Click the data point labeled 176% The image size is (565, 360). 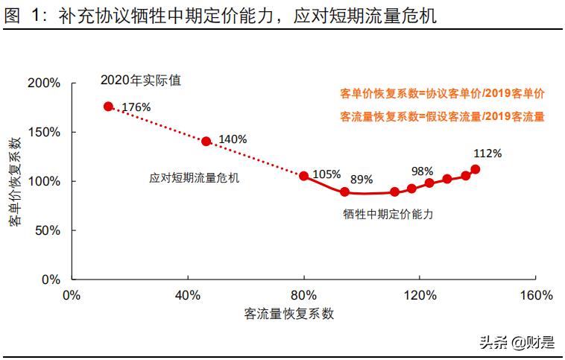point(108,107)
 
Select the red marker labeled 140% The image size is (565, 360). point(206,141)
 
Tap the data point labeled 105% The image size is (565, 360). point(303,176)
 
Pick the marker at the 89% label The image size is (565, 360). point(344,192)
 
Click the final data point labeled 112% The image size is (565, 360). point(476,169)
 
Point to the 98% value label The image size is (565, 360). point(422,171)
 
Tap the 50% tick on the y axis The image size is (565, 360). point(46,230)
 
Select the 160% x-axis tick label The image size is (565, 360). point(536,295)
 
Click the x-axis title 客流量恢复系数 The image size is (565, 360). point(289,314)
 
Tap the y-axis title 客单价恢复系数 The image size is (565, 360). point(15,182)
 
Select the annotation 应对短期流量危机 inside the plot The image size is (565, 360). point(195,179)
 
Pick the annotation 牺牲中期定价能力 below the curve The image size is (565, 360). point(388,213)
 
